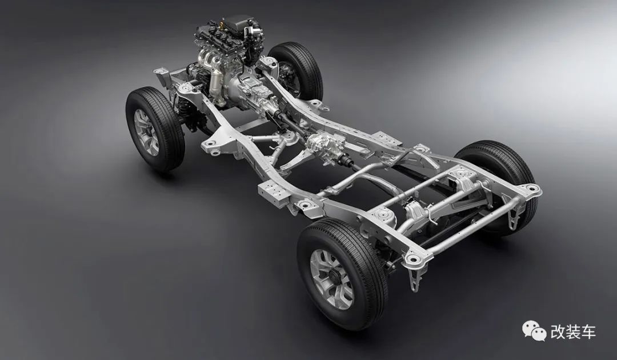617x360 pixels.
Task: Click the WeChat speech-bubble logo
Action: tap(534, 330)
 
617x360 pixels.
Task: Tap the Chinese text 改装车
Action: tap(573, 331)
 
